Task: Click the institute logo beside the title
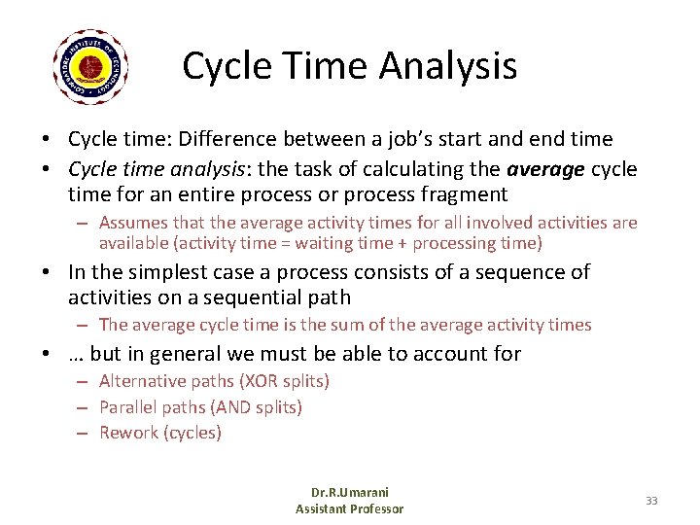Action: click(91, 67)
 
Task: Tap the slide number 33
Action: click(651, 500)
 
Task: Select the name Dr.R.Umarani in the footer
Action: click(350, 492)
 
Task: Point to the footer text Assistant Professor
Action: click(350, 508)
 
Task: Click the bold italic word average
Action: click(546, 169)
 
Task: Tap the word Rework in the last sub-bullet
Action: click(126, 433)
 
